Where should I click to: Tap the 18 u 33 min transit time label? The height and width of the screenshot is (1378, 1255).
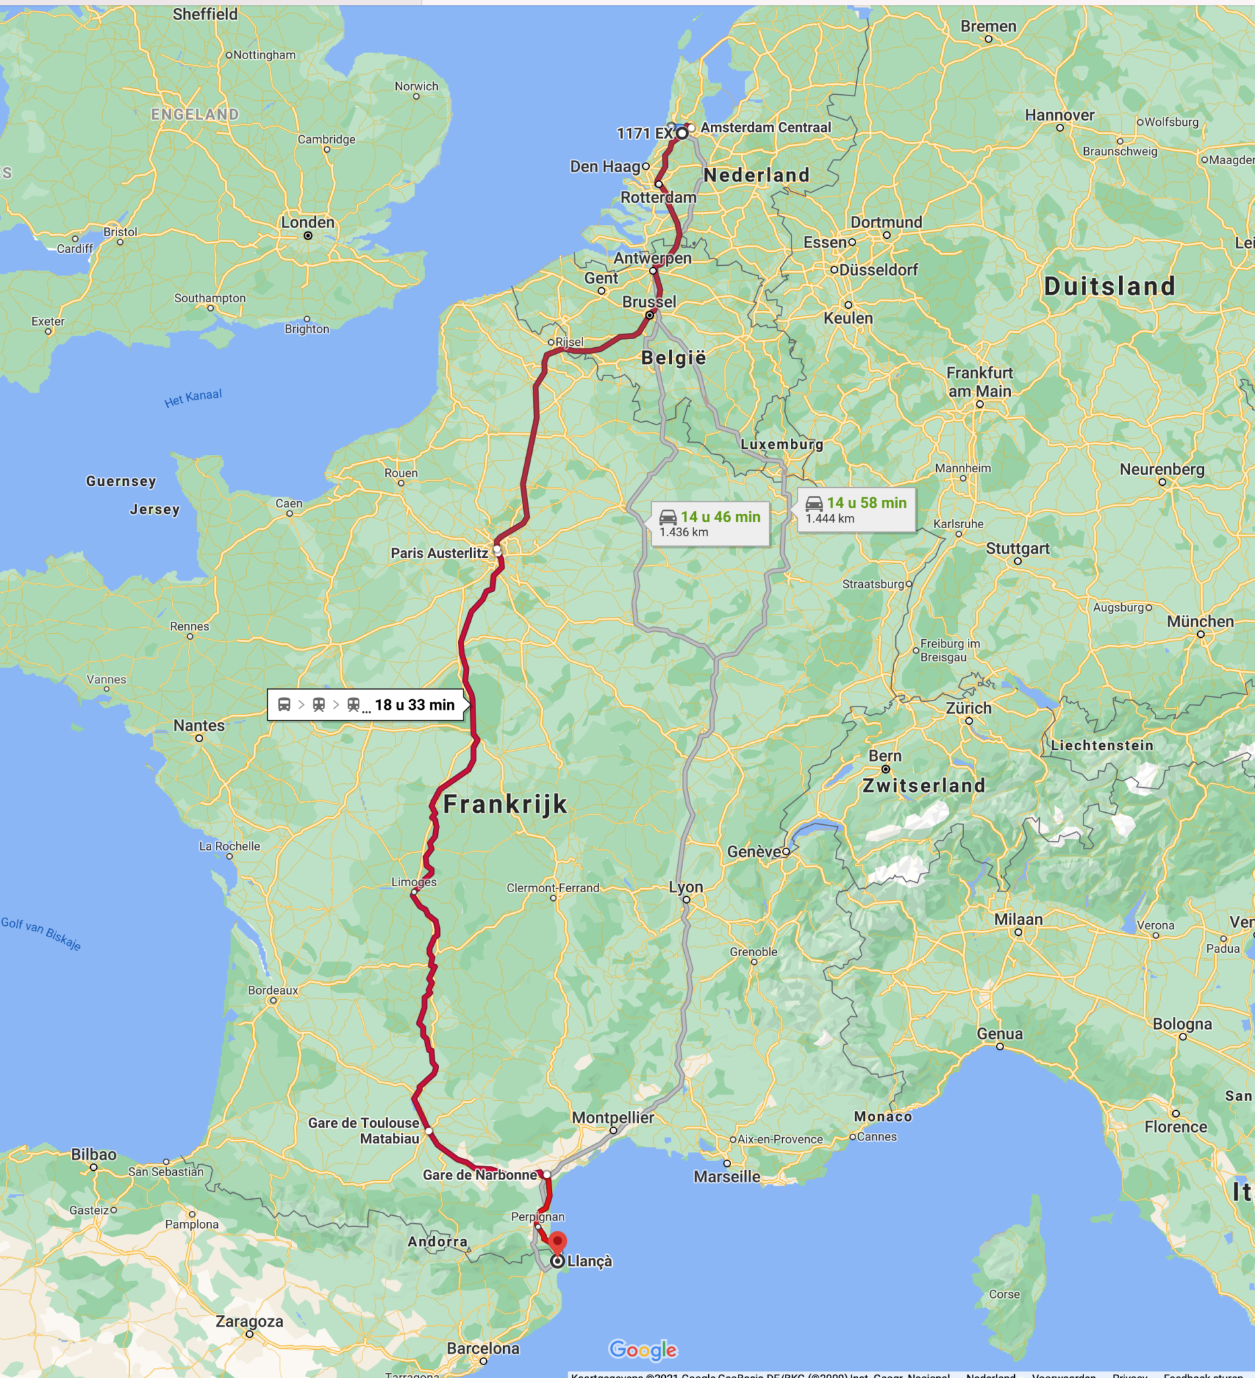(414, 704)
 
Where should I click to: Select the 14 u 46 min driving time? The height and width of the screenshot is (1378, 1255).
(720, 517)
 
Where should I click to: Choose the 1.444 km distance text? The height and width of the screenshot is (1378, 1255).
(829, 519)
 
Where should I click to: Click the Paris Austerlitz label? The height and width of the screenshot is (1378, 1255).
(439, 553)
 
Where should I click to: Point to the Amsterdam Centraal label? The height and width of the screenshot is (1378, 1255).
(765, 127)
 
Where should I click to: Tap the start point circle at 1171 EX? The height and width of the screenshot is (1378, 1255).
(682, 133)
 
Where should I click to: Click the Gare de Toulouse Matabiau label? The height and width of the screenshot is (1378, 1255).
(363, 1130)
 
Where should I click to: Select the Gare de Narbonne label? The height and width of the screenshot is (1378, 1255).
(480, 1175)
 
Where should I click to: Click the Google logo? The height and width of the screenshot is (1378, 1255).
(643, 1349)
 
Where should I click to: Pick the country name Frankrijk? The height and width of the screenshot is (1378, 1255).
(505, 804)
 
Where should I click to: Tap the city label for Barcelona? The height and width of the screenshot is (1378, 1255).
(483, 1348)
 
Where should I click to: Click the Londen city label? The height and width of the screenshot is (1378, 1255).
(307, 222)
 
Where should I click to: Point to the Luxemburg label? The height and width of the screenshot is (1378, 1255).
(782, 444)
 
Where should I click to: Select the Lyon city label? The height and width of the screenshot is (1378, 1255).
(685, 887)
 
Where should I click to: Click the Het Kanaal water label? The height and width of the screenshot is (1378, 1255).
(192, 398)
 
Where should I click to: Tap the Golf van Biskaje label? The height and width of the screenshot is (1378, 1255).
(41, 933)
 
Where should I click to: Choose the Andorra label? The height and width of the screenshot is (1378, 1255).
(437, 1241)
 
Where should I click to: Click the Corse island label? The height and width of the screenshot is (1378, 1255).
(1003, 1294)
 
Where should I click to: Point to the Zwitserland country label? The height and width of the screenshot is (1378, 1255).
(923, 785)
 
